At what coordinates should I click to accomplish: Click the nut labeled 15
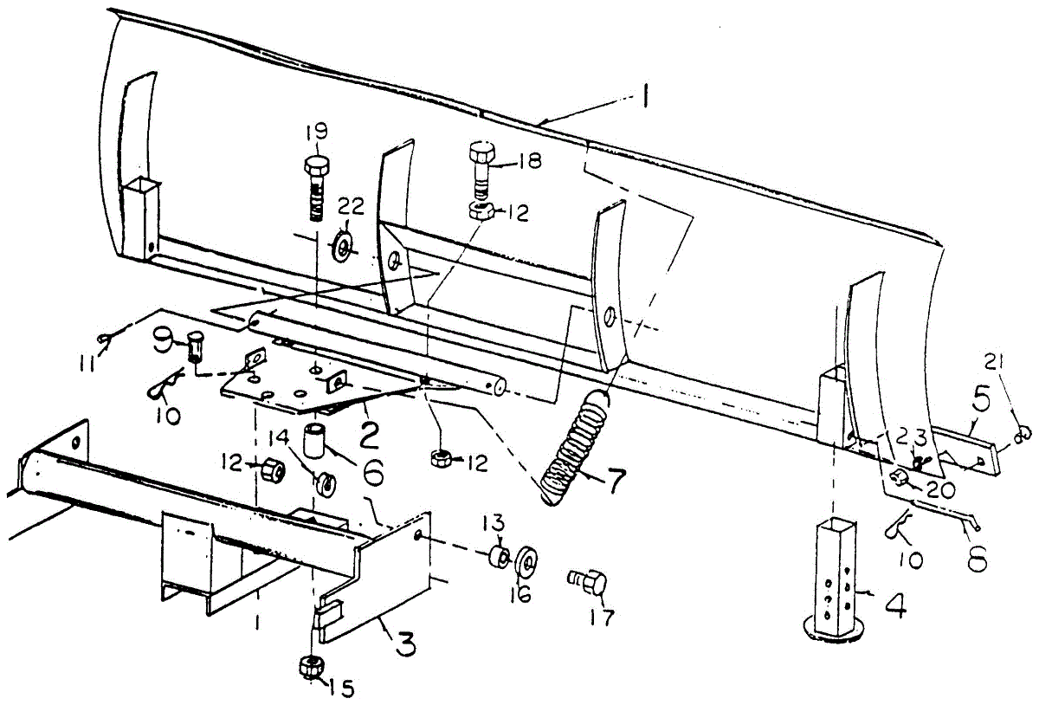tap(309, 667)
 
